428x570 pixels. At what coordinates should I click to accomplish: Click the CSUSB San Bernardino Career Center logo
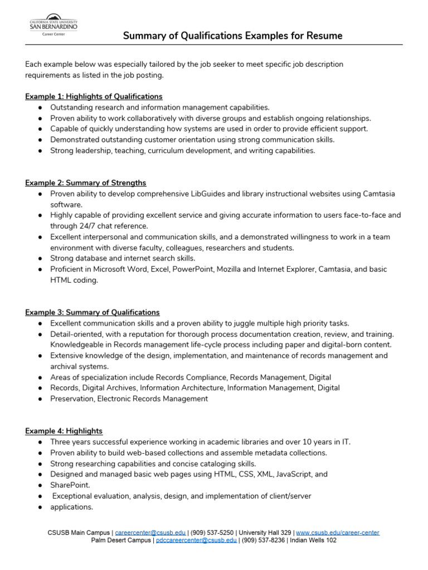pyautogui.click(x=53, y=25)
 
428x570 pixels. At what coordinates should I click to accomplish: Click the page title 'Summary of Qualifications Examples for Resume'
pyautogui.click(x=232, y=36)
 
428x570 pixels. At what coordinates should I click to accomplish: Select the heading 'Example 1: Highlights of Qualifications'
pyautogui.click(x=94, y=96)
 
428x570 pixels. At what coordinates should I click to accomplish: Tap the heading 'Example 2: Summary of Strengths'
pyautogui.click(x=86, y=183)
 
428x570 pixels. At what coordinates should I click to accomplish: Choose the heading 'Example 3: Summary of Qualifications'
pyautogui.click(x=93, y=312)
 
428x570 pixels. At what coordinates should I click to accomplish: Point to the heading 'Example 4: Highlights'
pyautogui.click(x=64, y=431)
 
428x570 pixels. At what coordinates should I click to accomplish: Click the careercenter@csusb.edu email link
pyautogui.click(x=150, y=533)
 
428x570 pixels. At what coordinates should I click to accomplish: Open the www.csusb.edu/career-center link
pyautogui.click(x=338, y=533)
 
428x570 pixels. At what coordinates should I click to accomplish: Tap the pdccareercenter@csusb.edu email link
pyautogui.click(x=196, y=540)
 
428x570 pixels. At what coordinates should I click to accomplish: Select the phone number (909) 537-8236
pyautogui.click(x=262, y=540)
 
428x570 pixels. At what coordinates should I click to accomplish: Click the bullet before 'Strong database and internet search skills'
pyautogui.click(x=41, y=259)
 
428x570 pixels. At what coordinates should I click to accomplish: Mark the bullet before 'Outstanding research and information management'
pyautogui.click(x=41, y=107)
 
